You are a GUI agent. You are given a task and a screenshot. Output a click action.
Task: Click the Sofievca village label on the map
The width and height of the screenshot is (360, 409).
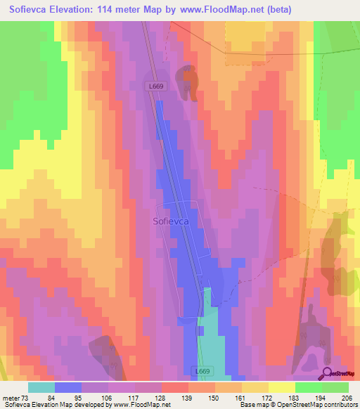point(170,221)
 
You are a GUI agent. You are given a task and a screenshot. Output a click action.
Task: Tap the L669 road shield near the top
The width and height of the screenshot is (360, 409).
point(156,86)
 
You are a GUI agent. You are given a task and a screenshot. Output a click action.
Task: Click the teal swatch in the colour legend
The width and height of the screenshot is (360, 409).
point(41,387)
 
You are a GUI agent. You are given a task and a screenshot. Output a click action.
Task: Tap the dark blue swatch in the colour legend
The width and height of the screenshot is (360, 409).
point(67,387)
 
